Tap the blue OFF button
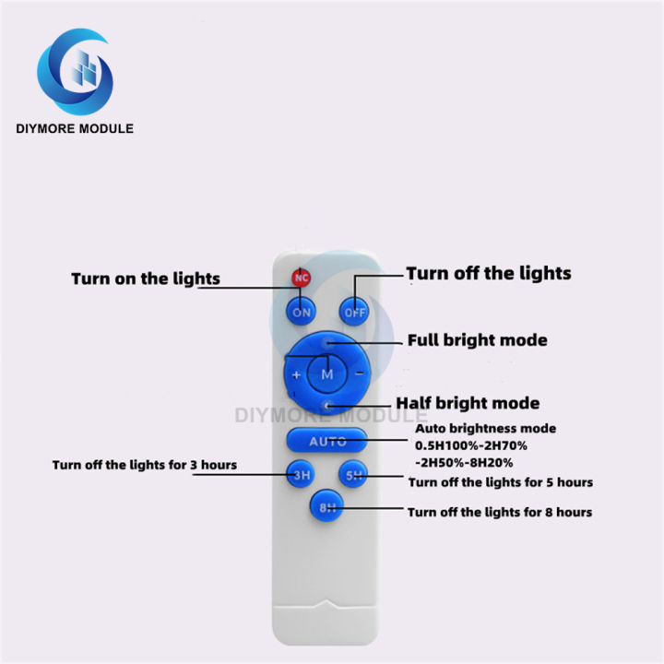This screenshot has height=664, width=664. coord(355,312)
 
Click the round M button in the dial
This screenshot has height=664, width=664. coord(327,373)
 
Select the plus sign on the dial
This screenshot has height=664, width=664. coord(297,375)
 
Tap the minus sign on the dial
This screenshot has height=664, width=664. coord(357,374)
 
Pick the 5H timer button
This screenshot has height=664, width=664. coord(355,476)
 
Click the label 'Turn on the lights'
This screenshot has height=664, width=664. coord(146,279)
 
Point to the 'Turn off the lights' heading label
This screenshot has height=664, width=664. coord(489,273)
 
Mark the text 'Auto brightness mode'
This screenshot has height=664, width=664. coord(485,429)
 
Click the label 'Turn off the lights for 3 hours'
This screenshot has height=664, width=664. coord(144,465)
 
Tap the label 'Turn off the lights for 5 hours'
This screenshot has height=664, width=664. coord(500,482)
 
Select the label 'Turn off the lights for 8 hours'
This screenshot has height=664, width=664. coord(500,512)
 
